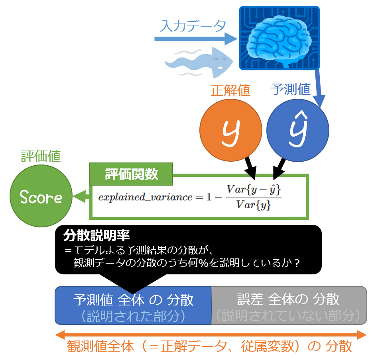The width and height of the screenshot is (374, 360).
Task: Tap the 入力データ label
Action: click(193, 26)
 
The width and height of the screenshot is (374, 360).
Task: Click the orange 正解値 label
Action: click(230, 90)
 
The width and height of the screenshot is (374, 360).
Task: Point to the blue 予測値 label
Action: click(291, 89)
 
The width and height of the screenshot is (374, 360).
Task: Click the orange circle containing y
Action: click(230, 130)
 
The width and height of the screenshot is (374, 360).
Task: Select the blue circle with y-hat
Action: click(298, 130)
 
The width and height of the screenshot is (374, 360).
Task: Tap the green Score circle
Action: click(41, 196)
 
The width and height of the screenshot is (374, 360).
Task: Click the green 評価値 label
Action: click(41, 156)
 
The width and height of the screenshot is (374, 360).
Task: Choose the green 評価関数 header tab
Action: click(131, 174)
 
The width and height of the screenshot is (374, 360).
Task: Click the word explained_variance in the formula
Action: click(145, 197)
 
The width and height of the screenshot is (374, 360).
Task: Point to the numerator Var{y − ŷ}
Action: click(254, 190)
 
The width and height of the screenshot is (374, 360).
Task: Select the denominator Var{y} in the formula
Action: click(254, 205)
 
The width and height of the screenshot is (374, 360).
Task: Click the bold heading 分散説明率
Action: click(96, 235)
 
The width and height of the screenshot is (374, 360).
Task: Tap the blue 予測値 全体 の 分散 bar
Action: click(133, 305)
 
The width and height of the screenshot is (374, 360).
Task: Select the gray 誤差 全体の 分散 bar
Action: click(289, 305)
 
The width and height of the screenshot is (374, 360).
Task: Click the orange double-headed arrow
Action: click(211, 335)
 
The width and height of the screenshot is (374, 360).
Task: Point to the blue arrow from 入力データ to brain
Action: click(196, 39)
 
